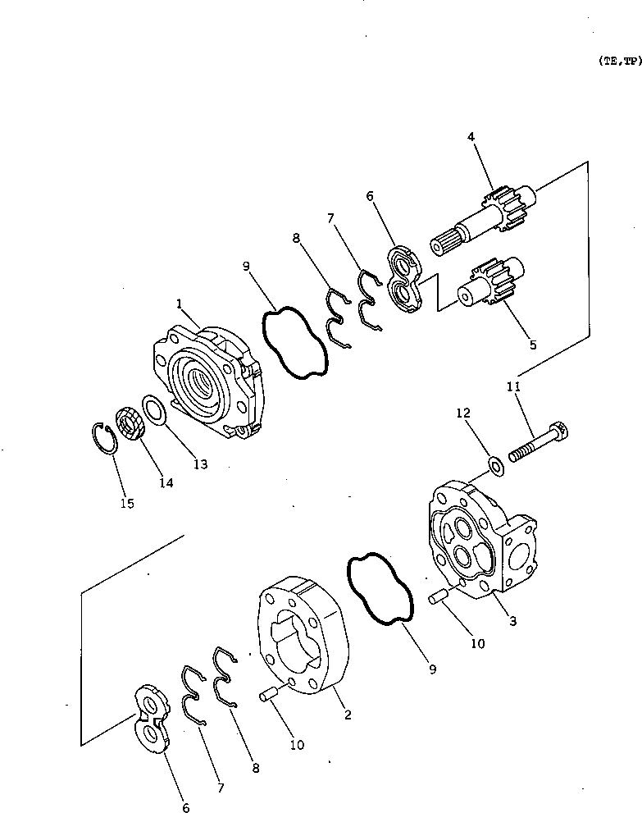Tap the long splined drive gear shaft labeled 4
pos(484,221)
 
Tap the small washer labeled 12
pos(496,466)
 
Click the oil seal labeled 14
pos(130,424)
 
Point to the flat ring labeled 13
pos(155,409)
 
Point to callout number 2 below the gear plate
pos(348,715)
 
